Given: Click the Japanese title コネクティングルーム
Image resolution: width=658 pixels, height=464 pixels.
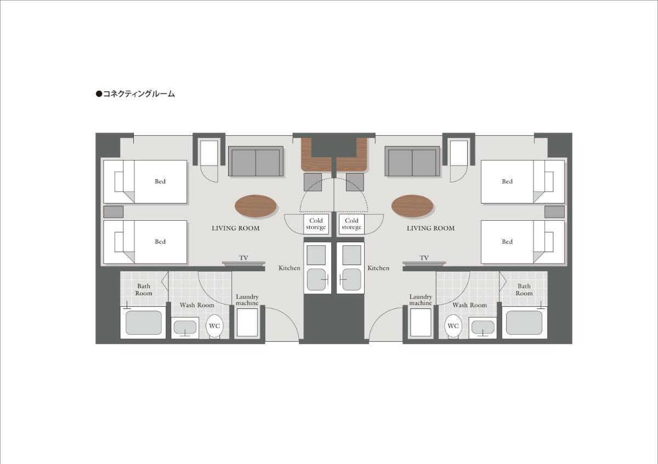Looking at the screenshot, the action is pos(139,94).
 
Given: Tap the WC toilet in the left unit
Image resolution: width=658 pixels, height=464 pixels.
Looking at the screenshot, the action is pos(214,326).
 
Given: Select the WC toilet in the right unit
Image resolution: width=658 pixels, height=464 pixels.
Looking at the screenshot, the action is pos(453,326).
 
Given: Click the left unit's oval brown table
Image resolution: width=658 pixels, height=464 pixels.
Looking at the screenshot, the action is pos(256,206).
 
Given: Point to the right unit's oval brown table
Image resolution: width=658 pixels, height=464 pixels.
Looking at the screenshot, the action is pos(412,206).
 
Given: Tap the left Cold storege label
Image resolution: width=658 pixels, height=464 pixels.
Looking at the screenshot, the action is pos(316,224).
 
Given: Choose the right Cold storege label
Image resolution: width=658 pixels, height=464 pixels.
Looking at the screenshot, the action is pos(351,224).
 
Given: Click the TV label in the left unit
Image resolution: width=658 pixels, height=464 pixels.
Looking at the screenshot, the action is pos(243,258).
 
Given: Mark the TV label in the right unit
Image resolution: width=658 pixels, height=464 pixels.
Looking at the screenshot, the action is pos(424,258).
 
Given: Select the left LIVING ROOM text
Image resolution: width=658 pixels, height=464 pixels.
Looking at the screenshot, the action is pos(236,228).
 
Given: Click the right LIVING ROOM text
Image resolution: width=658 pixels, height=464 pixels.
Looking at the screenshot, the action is pos(430,228).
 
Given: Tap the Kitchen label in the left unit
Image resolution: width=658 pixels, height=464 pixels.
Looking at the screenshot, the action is pos(290,268).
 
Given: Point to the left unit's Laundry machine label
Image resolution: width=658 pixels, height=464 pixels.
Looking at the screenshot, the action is pos(247,300).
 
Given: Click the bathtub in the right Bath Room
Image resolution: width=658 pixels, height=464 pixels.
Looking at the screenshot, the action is pos(524,323).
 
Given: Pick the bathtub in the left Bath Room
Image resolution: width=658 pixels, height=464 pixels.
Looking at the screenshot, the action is pos(143,323).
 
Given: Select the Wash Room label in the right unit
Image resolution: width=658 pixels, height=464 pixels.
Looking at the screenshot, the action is pos(469,305).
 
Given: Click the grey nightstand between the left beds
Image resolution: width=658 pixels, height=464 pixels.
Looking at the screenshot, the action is pos(113,212).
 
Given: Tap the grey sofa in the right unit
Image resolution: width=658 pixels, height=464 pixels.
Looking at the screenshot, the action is pos(412,162).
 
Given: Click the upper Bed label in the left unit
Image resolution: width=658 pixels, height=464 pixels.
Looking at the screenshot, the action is pos(160,181).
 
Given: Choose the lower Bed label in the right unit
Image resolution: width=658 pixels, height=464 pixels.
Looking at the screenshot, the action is pos(507,242).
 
